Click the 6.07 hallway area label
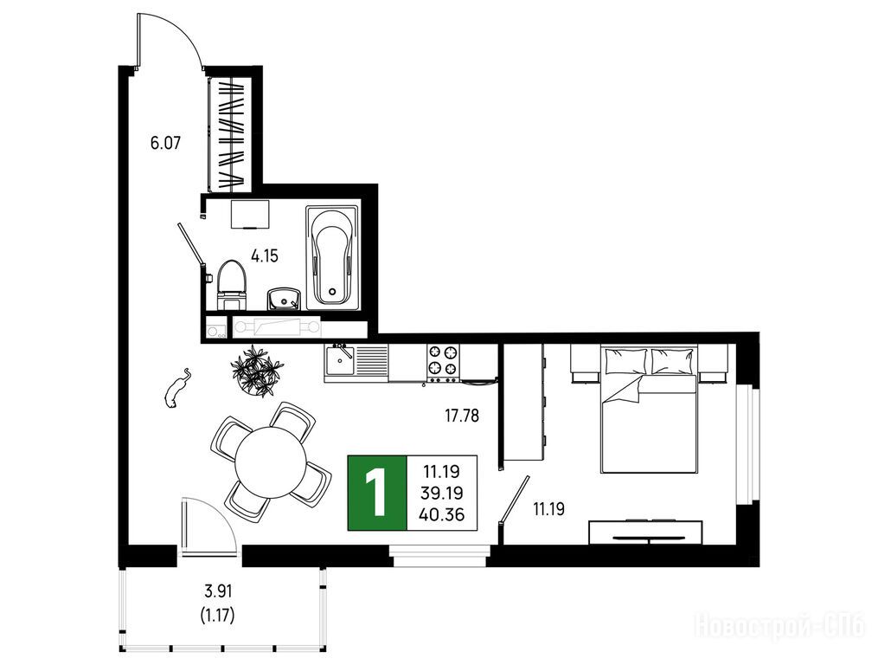pyautogui.click(x=165, y=143)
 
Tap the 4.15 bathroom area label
pyautogui.click(x=265, y=257)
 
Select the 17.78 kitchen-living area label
pyautogui.click(x=462, y=416)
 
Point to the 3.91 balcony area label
pyautogui.click(x=217, y=591)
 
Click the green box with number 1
pyautogui.click(x=377, y=493)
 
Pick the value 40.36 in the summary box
pyautogui.click(x=442, y=513)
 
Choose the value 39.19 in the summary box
pyautogui.click(x=442, y=493)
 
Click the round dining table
pyautogui.click(x=271, y=462)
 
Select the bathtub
pyautogui.click(x=333, y=257)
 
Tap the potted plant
pyautogui.click(x=257, y=371)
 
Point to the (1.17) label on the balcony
pyautogui.click(x=217, y=616)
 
